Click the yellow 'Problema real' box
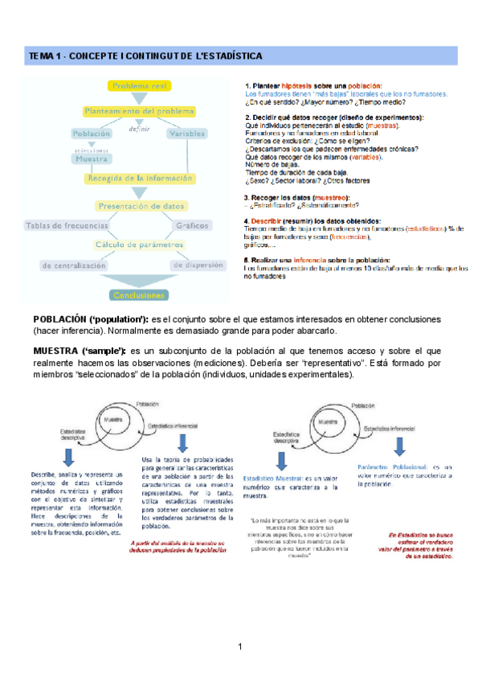[138, 85]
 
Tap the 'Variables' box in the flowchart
[186, 134]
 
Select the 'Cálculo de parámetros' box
[138, 244]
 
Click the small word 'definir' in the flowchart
[138, 129]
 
